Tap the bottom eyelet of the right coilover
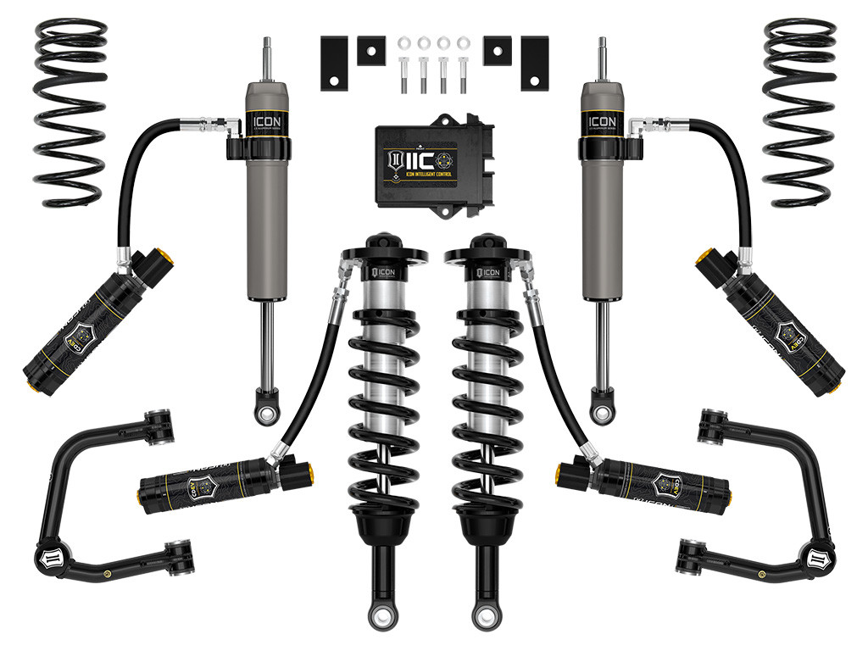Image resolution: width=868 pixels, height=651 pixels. [x=489, y=612]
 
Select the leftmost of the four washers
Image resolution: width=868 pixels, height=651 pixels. [x=403, y=42]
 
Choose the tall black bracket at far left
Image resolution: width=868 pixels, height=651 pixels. [x=336, y=63]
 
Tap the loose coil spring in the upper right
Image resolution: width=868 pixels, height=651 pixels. [x=798, y=110]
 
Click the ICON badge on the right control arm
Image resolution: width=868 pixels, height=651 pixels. [x=821, y=560]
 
